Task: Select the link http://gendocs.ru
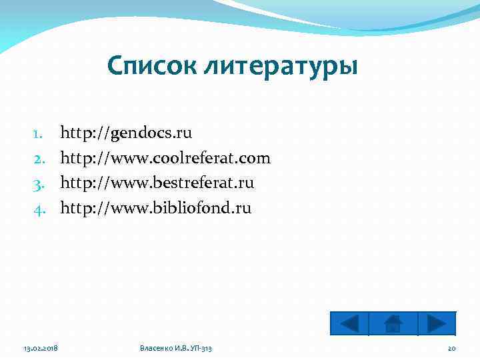coord(126,133)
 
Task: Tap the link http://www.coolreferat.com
coord(165,158)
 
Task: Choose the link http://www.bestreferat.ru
coord(157,183)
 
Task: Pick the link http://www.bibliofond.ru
coord(156,208)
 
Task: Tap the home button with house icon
coord(393,323)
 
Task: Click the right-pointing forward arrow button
coord(437,323)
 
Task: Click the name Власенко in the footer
coord(156,349)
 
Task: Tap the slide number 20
coord(451,349)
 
